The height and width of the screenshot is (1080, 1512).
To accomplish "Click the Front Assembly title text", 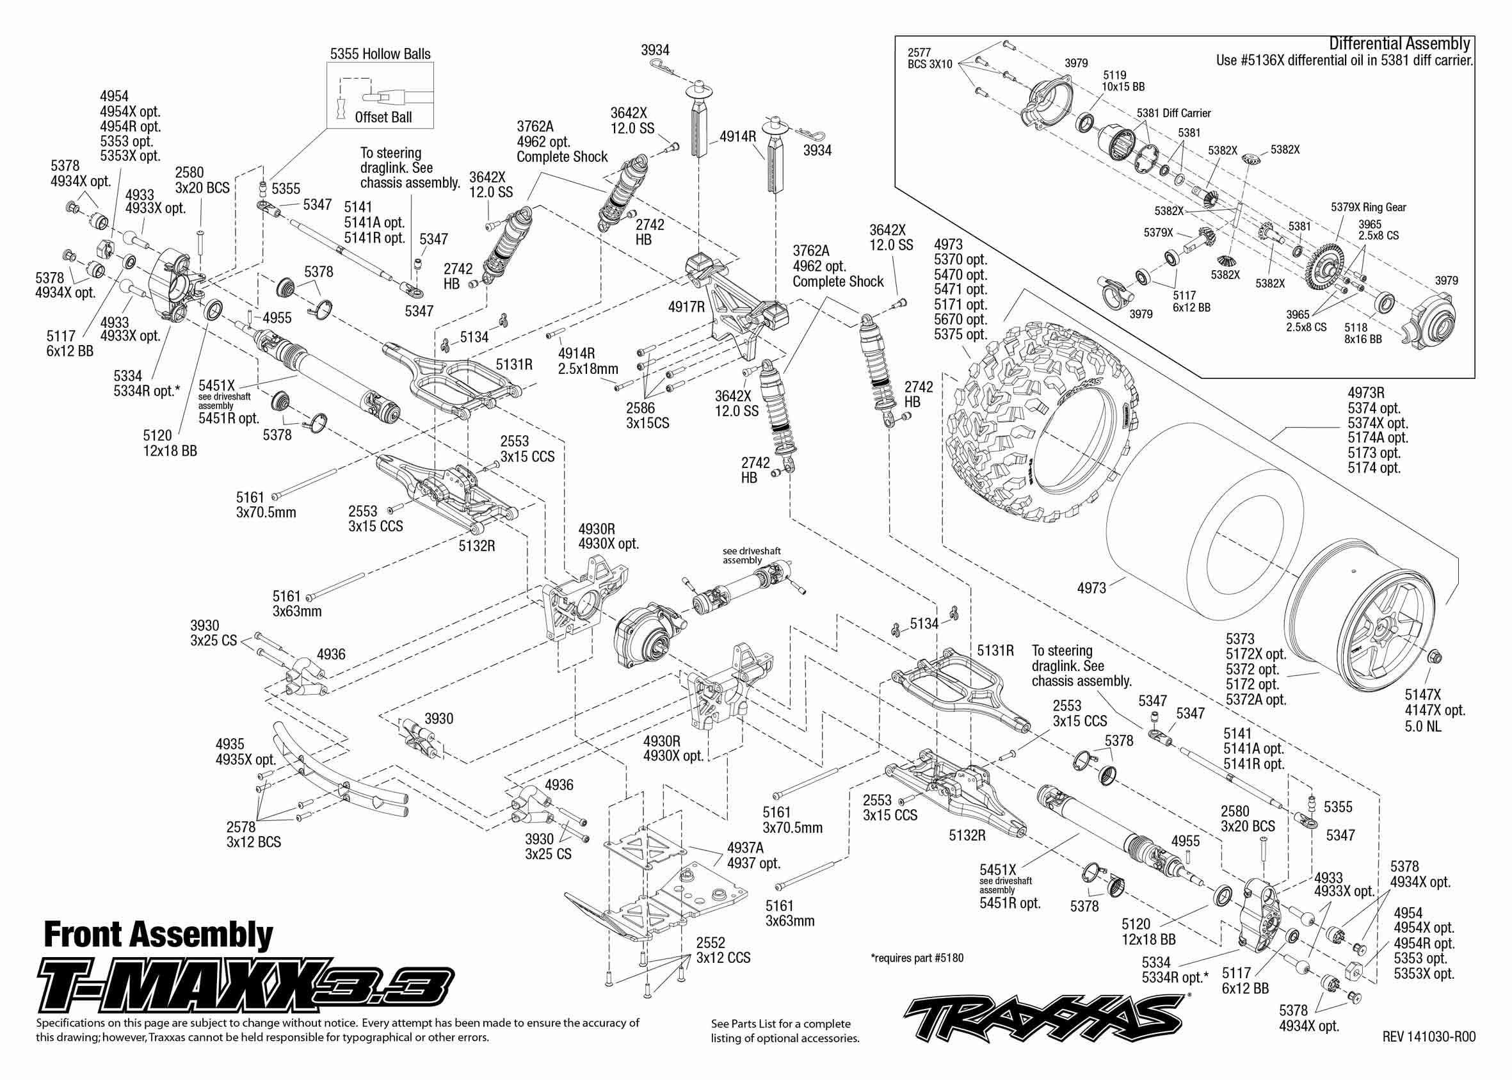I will (x=158, y=935).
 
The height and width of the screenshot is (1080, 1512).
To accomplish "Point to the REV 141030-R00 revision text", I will (x=1428, y=1036).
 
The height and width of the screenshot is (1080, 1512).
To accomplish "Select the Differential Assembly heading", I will (x=1399, y=44).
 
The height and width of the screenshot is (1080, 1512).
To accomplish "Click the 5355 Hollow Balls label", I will (x=380, y=54).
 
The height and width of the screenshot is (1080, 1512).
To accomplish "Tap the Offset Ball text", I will (x=383, y=118).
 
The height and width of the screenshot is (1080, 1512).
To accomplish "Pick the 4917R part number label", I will (x=686, y=307).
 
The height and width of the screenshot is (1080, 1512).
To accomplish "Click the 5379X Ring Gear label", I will (x=1369, y=207).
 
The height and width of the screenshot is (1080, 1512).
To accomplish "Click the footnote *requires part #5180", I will (x=916, y=958).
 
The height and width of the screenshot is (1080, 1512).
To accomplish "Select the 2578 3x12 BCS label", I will (x=253, y=835).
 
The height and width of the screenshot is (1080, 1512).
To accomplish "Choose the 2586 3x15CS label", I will (x=647, y=415).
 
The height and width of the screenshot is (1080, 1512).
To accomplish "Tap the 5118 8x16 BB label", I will (x=1363, y=333).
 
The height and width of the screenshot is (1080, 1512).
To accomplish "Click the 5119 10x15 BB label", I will (x=1123, y=81).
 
